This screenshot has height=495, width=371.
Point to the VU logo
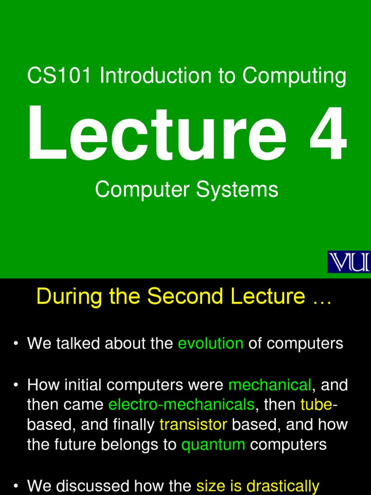349,262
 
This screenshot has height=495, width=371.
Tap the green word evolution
211,344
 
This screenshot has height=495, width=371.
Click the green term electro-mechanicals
181,405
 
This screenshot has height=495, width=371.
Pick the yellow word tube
316,405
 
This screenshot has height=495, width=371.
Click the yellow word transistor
193,424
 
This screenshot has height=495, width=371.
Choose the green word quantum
213,445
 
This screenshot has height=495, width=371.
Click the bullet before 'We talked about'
16,344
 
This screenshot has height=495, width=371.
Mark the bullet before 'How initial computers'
16,386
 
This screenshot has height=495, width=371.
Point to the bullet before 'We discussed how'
16,486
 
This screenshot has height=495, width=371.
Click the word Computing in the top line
294,76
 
